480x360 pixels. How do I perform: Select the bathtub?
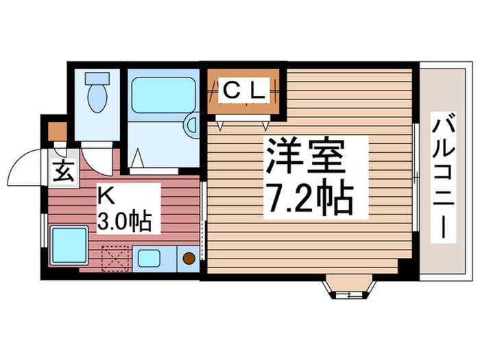pos(163,95)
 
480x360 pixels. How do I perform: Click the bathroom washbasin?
pos(192,125)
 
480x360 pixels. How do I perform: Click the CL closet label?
pos(244,91)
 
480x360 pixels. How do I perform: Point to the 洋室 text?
pos(305,157)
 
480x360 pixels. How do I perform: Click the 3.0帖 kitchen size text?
pos(124,220)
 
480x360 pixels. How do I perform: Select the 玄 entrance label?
pos(64,171)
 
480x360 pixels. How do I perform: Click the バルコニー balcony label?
pos(443,178)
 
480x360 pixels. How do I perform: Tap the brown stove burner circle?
pos(189,259)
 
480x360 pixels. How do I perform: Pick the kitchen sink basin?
pos(149,258)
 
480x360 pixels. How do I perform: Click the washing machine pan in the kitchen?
pos(69,245)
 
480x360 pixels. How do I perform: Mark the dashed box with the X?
pos(115,259)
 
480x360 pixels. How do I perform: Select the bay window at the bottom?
pos(348,286)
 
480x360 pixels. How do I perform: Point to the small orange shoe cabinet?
pos(58,132)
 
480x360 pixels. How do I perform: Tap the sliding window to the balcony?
pos(415,177)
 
